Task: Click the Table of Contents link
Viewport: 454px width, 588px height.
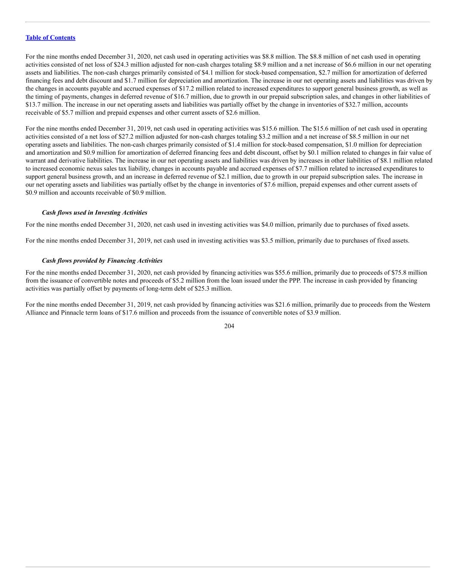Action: pyautogui.click(x=50, y=37)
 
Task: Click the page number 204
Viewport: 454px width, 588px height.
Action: pyautogui.click(x=229, y=326)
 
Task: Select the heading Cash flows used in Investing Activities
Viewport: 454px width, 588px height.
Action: pyautogui.click(x=94, y=212)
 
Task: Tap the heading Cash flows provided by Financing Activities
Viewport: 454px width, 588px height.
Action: pyautogui.click(x=102, y=261)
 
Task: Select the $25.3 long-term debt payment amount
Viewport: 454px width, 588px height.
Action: pyautogui.click(x=203, y=289)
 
